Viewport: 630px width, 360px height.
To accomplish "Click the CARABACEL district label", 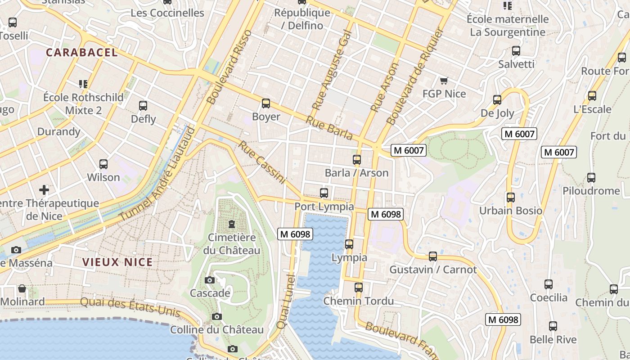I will click(82, 52).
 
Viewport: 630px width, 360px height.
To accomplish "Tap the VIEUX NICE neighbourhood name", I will click(117, 262).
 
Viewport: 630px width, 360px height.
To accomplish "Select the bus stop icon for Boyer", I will click(266, 103).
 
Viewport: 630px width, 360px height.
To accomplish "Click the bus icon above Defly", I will click(143, 106).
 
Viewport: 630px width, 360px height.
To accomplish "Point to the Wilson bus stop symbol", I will click(103, 164).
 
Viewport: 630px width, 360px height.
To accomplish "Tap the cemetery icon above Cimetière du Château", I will click(232, 224).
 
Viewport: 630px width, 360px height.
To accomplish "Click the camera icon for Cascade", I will click(210, 280).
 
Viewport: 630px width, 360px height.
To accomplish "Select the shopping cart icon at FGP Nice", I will click(444, 81).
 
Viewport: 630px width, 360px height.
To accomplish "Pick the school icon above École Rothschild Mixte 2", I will click(83, 84).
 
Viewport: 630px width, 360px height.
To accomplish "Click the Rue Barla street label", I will click(329, 127).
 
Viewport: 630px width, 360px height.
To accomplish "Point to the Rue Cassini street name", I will click(262, 162).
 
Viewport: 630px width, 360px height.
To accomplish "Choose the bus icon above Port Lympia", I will click(324, 193).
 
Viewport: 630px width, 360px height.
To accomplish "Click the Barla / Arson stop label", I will click(356, 173).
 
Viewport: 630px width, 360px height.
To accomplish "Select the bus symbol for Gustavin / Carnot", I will click(433, 256).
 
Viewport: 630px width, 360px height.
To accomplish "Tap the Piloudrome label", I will click(591, 191).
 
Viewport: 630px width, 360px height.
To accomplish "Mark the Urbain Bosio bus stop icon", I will click(511, 198).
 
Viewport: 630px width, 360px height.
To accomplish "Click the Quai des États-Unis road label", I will click(130, 307).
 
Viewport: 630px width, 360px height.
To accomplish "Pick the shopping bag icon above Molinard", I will click(22, 288).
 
